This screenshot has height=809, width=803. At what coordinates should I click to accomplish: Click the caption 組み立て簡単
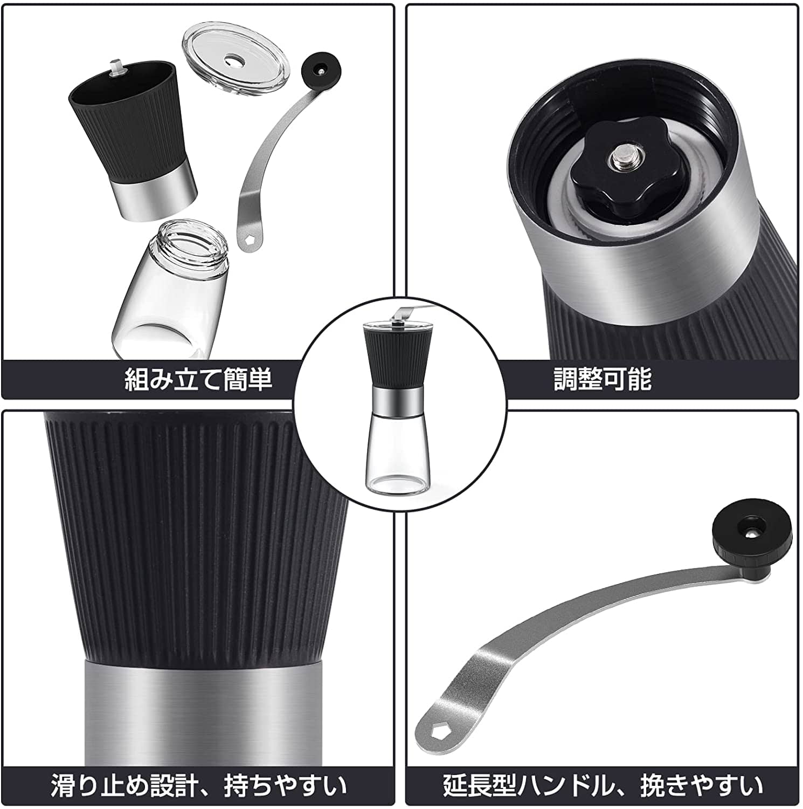click(198, 379)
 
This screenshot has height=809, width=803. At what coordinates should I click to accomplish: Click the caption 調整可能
click(603, 379)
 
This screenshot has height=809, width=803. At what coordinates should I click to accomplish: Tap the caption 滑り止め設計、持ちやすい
click(198, 786)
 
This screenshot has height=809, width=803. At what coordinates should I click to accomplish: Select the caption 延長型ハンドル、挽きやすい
click(603, 786)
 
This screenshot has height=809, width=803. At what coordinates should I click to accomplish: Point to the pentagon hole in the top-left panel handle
click(248, 241)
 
